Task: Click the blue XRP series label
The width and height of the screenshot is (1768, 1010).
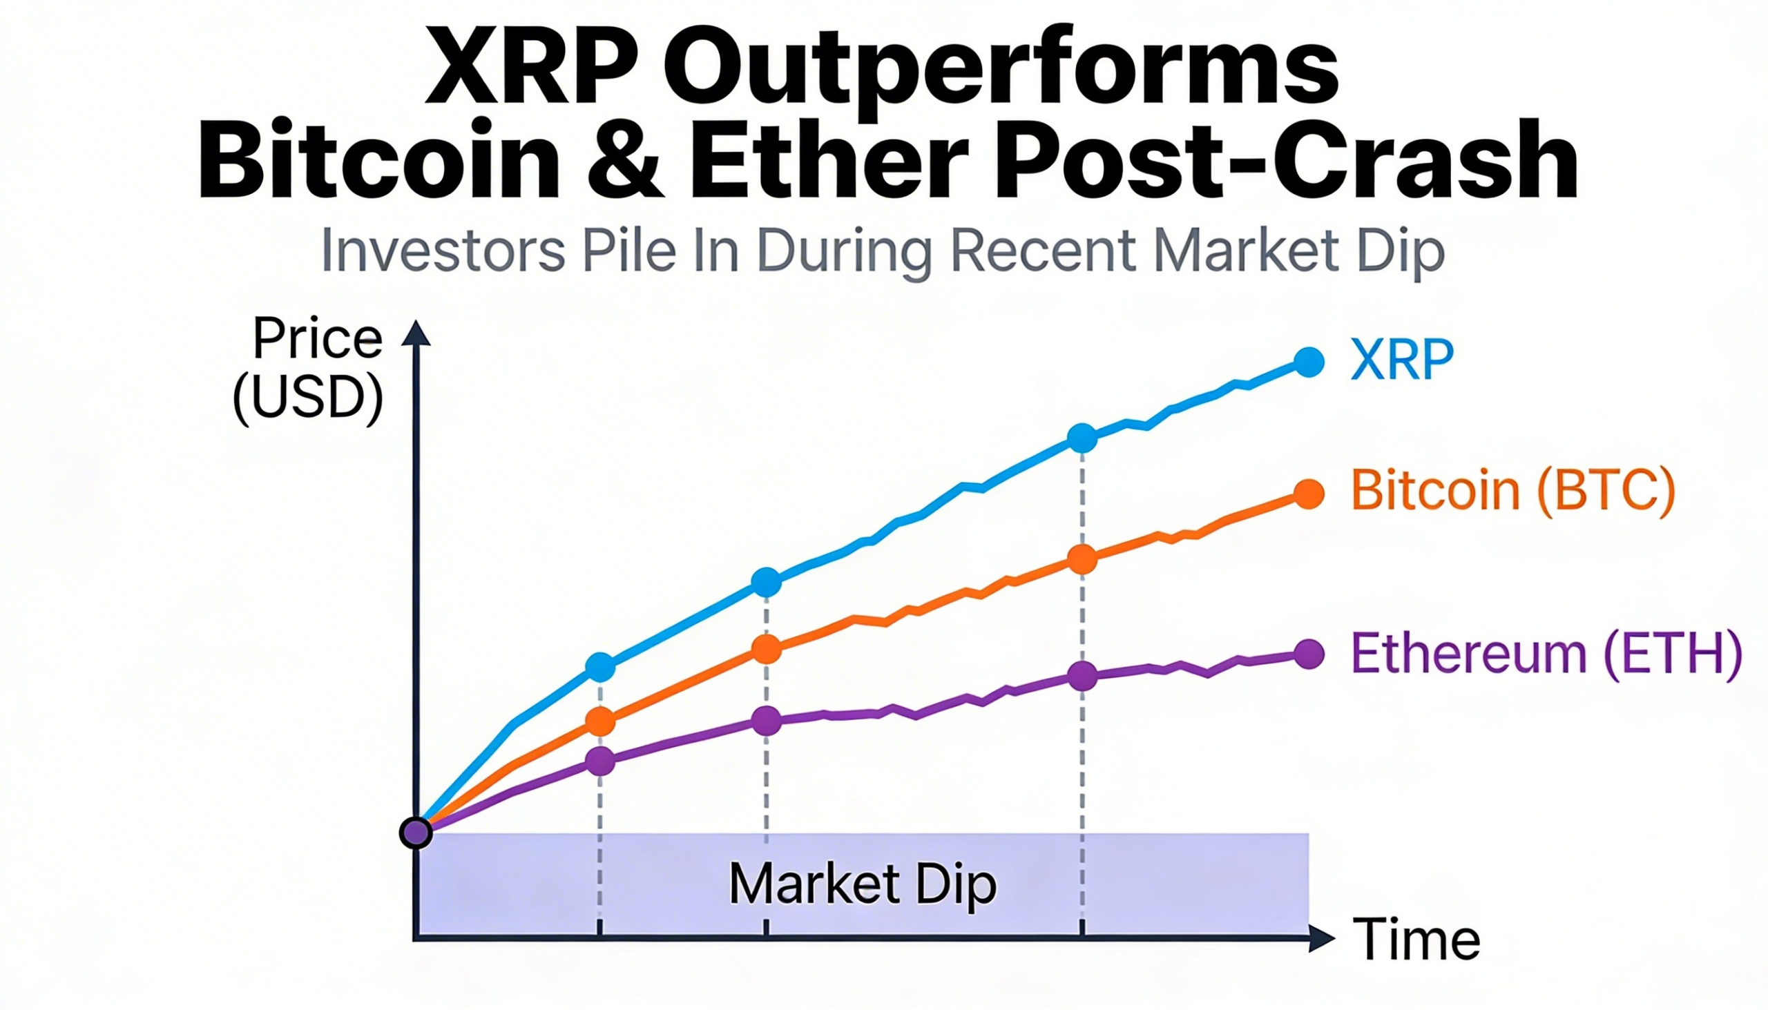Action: tap(1402, 360)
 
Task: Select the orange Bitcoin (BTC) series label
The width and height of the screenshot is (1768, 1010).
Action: tap(1513, 491)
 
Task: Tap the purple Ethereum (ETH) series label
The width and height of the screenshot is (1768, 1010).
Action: tap(1546, 654)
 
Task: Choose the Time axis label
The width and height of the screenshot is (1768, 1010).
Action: tap(1416, 940)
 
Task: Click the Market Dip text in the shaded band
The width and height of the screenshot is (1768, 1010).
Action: tap(863, 884)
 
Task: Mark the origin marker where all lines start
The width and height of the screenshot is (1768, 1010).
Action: tap(416, 833)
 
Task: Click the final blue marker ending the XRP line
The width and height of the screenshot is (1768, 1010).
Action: tap(1309, 362)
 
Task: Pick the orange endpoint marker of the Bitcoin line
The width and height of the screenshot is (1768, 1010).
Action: tap(1309, 494)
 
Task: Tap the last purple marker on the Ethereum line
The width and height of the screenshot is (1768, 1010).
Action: tap(1309, 654)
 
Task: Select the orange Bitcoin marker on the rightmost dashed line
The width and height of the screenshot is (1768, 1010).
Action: tap(1082, 559)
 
